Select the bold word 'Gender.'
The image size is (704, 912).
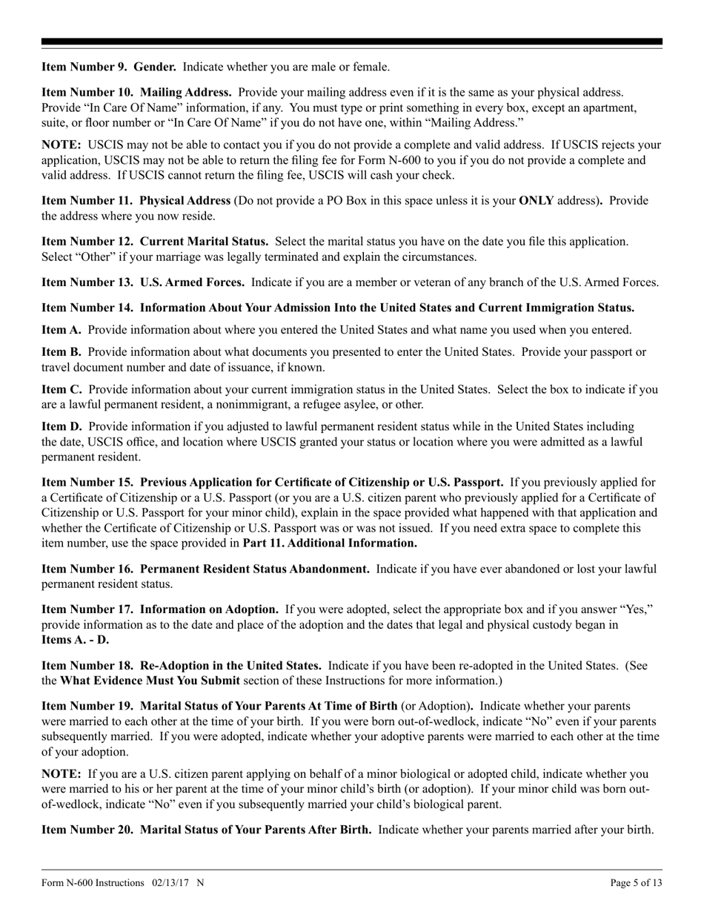tap(155, 67)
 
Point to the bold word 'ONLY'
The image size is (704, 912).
tap(537, 201)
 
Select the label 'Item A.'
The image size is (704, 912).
tap(62, 331)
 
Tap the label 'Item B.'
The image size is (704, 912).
tap(62, 351)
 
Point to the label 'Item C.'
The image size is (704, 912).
tap(62, 389)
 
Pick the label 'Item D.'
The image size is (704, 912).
tap(62, 427)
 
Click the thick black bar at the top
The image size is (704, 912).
tap(352, 42)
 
